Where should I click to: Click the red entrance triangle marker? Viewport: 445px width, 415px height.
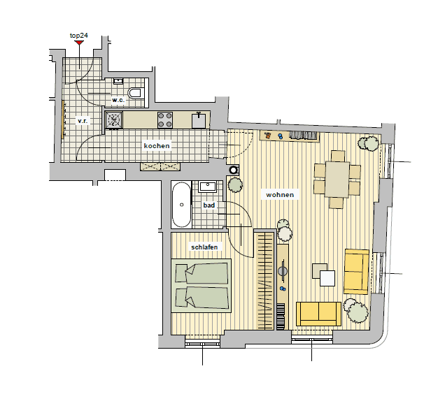tap(79, 43)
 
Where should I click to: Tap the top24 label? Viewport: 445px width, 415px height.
tap(79, 36)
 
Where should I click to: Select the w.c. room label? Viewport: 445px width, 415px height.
tap(118, 100)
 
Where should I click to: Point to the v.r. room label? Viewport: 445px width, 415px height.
tap(83, 121)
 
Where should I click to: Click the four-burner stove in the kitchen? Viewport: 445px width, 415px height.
tap(165, 120)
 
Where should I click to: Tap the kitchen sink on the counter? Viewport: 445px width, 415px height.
tap(199, 120)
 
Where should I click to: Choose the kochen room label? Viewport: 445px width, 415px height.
tap(157, 146)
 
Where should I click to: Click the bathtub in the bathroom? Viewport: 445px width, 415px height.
tap(181, 205)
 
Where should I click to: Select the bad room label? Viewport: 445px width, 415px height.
tap(209, 205)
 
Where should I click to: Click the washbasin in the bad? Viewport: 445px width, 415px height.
tap(208, 187)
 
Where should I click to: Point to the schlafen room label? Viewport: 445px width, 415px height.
tap(204, 247)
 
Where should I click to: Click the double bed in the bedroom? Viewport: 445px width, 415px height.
tap(202, 286)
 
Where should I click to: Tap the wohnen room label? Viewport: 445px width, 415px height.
tap(280, 195)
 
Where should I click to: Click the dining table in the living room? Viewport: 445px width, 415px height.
tap(337, 179)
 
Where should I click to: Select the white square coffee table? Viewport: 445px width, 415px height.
tap(327, 278)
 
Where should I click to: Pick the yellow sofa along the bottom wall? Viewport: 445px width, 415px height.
tap(318, 314)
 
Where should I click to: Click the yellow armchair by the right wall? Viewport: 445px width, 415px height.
tap(356, 272)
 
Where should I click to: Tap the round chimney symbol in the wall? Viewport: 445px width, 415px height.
tap(234, 170)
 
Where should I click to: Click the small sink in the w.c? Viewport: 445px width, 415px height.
tap(118, 81)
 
